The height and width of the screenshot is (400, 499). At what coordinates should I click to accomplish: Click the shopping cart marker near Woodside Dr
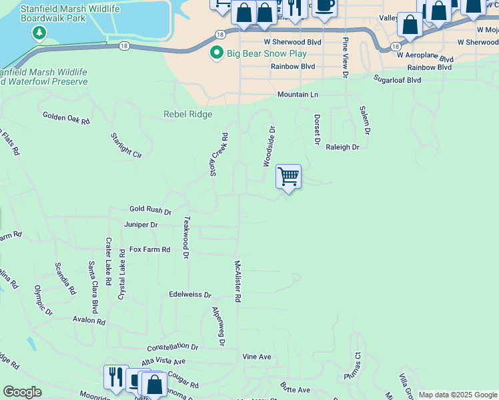click(x=288, y=177)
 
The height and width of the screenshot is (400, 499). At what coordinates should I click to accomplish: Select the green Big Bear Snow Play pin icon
click(x=216, y=53)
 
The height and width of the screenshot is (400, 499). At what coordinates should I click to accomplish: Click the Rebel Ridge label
click(x=187, y=115)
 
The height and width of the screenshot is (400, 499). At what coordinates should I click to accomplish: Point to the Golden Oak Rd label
click(x=66, y=118)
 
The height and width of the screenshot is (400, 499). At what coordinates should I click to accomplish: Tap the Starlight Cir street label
click(x=127, y=145)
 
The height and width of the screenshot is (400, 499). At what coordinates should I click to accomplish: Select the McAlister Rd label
click(x=237, y=281)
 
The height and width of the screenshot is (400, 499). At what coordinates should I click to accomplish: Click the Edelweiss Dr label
click(x=190, y=295)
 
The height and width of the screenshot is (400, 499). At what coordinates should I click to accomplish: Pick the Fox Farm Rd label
click(x=150, y=249)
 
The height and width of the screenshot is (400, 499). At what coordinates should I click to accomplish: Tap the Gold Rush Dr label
click(x=150, y=210)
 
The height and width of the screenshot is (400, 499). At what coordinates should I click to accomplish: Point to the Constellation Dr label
click(x=172, y=347)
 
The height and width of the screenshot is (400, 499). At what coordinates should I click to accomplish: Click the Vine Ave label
click(x=257, y=357)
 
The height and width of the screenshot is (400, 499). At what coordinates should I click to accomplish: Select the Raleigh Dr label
click(x=343, y=147)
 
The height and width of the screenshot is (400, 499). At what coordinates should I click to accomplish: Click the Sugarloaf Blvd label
click(x=397, y=80)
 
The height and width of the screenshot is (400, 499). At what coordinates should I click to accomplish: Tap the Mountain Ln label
click(x=298, y=95)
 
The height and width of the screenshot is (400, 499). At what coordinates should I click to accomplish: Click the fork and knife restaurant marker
click(x=115, y=377)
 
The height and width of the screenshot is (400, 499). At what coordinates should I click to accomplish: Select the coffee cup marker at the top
click(x=324, y=6)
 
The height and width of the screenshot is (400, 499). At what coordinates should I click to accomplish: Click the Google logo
click(x=23, y=392)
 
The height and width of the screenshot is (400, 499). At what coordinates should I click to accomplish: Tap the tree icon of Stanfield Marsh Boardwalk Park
click(x=40, y=33)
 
